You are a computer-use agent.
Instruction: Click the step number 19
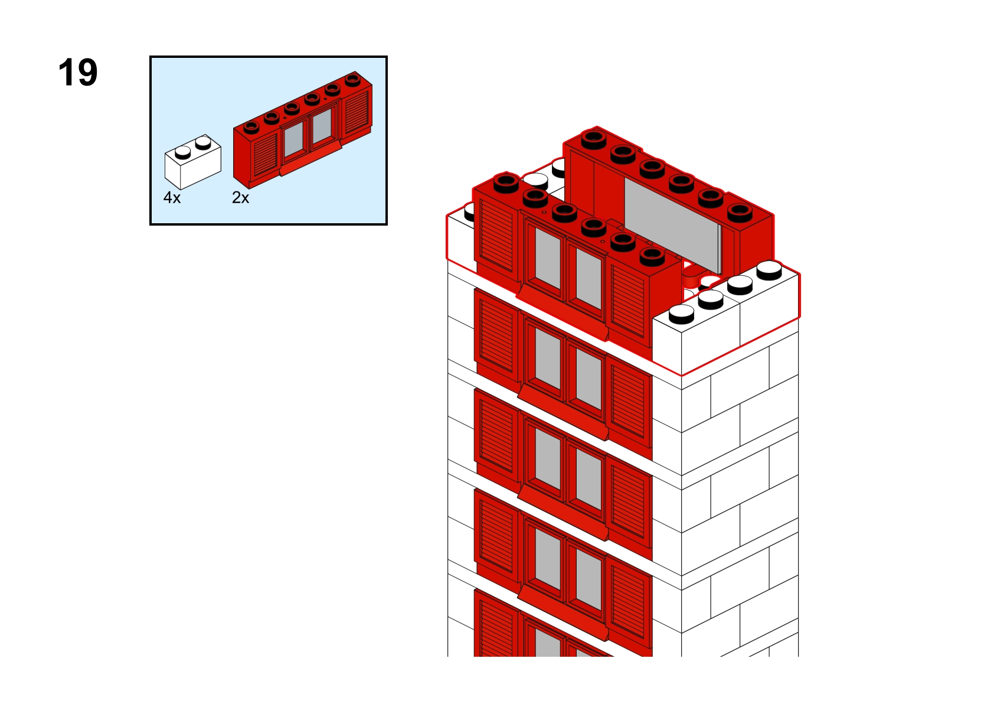pyautogui.click(x=78, y=72)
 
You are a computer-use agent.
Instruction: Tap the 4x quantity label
pyautogui.click(x=172, y=197)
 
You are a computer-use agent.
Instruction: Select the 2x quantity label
pyautogui.click(x=240, y=197)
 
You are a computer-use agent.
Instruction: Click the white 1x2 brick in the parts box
pyautogui.click(x=192, y=162)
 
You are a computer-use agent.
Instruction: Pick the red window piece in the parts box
pyautogui.click(x=303, y=129)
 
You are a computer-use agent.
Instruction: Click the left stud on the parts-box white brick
pyautogui.click(x=182, y=152)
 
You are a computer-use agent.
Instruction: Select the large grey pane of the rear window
pyautogui.click(x=672, y=225)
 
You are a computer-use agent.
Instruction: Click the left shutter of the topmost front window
pyautogui.click(x=496, y=236)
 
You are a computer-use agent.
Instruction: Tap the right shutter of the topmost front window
pyautogui.click(x=628, y=301)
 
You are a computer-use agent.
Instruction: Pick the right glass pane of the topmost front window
pyautogui.click(x=588, y=278)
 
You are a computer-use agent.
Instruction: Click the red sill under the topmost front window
pyautogui.click(x=563, y=313)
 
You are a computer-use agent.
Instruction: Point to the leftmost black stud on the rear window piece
pyautogui.click(x=594, y=139)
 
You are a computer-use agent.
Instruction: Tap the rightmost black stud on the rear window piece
pyautogui.click(x=740, y=213)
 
